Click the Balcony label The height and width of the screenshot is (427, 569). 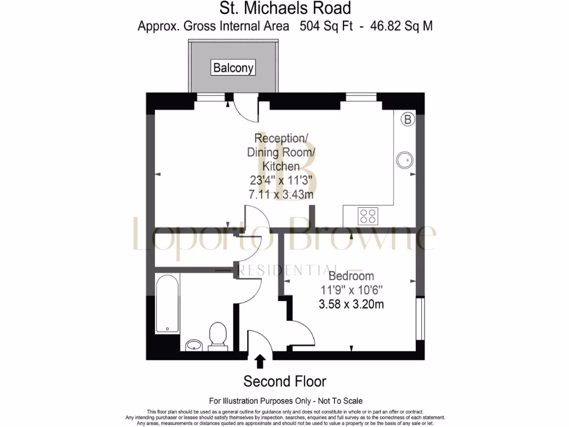[233, 68]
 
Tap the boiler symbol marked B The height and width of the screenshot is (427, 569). [408, 119]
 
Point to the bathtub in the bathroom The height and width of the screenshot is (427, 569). [167, 304]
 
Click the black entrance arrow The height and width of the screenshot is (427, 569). [259, 361]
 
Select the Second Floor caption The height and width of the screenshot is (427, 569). [284, 381]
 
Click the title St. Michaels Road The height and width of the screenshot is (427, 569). [284, 8]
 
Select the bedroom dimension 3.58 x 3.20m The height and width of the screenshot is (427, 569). [351, 304]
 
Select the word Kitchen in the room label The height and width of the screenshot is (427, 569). [281, 166]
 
